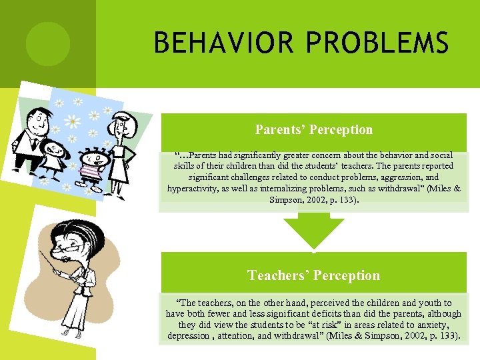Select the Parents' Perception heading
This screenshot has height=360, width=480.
[313, 130]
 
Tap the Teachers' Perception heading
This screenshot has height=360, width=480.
[313, 275]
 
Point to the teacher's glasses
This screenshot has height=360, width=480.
[72, 245]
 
